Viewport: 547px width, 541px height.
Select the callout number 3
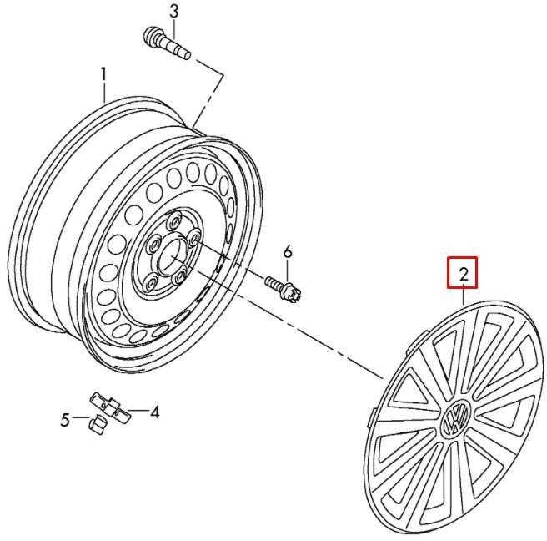[x=173, y=12]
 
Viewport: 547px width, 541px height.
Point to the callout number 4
[x=153, y=412]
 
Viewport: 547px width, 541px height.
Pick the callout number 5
[x=65, y=420]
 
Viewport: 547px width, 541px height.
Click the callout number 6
[x=287, y=252]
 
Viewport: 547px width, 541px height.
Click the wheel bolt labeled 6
[x=284, y=288]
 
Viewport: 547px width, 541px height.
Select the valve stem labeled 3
[x=167, y=43]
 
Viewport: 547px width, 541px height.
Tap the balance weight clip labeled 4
[x=110, y=408]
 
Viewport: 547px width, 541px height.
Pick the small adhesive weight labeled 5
[x=97, y=423]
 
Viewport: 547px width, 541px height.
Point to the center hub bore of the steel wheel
[x=171, y=254]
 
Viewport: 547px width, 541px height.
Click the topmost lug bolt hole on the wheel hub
[x=173, y=220]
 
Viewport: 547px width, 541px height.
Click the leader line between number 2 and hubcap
[x=464, y=294]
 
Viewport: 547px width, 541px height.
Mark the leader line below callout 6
[x=288, y=270]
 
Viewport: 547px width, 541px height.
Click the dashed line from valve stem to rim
[x=208, y=93]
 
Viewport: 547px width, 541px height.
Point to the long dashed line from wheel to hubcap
[x=286, y=323]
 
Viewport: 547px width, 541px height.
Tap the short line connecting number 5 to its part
[x=80, y=417]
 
